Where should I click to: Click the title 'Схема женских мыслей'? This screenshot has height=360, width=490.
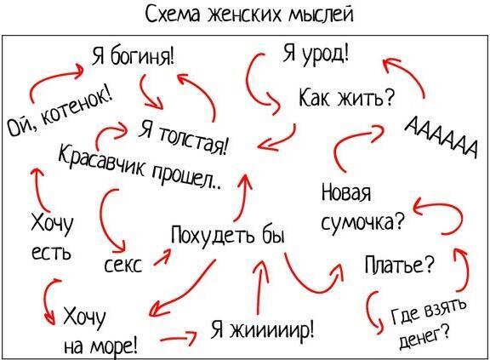(x=249, y=14)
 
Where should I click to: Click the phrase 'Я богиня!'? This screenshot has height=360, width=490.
(x=133, y=55)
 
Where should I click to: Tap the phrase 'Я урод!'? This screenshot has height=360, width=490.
(x=316, y=53)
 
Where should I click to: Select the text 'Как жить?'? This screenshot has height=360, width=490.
(x=346, y=97)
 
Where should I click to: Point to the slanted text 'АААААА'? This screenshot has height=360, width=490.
(x=441, y=137)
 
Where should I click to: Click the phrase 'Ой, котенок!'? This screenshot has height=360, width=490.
(x=60, y=111)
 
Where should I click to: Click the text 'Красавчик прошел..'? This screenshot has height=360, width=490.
(x=140, y=166)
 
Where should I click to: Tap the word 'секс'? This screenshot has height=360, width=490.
(x=122, y=265)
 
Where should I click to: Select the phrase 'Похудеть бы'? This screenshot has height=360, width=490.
(x=228, y=235)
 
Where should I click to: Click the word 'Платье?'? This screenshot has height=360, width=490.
(x=400, y=265)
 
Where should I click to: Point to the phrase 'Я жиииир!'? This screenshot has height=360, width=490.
(x=263, y=329)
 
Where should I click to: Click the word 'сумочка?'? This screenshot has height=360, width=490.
(x=362, y=221)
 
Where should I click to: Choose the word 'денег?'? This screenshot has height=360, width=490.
(x=425, y=336)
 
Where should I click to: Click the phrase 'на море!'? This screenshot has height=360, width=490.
(x=100, y=345)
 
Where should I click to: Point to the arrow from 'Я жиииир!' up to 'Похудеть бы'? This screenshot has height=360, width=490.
(x=260, y=286)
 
